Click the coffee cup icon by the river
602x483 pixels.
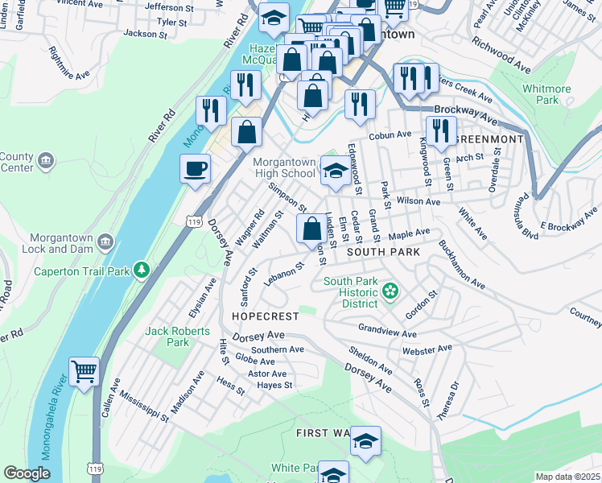tap(194, 169)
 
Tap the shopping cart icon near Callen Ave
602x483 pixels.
tap(84, 372)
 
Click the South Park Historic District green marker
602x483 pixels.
tap(391, 290)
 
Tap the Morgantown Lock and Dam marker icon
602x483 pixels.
tap(105, 242)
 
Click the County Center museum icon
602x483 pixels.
tap(47, 160)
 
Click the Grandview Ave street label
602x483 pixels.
tap(387, 331)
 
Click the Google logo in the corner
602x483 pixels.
tap(27, 473)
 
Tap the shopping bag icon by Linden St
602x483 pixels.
tap(311, 229)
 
